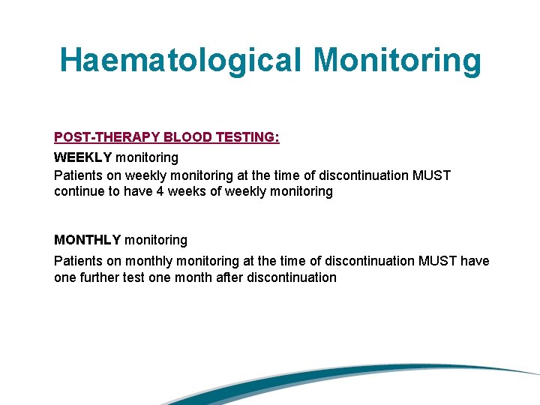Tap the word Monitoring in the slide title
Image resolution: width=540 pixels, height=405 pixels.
pos(397,60)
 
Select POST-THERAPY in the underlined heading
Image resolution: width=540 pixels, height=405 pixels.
pos(106,137)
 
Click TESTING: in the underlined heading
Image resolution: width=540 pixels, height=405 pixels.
pos(247,137)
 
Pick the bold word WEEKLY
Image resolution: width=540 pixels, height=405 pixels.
pos(83,157)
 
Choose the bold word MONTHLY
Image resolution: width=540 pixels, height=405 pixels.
pos(87,240)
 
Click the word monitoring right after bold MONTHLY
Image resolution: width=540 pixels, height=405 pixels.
pos(156,240)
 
